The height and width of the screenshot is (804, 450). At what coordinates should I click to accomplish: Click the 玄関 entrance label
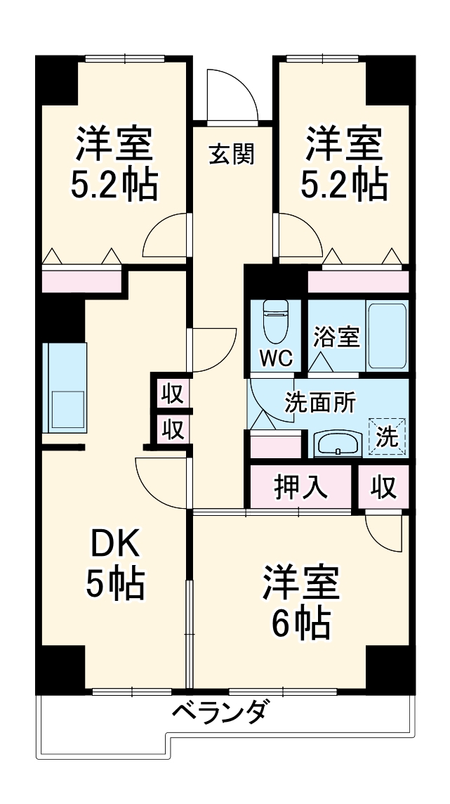point(231,153)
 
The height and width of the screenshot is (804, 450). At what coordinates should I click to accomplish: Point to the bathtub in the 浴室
point(387,336)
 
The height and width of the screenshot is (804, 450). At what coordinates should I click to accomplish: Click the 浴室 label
point(336,337)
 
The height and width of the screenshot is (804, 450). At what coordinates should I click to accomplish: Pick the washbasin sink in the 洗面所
point(338,443)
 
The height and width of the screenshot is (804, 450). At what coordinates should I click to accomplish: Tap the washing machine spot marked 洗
point(387,436)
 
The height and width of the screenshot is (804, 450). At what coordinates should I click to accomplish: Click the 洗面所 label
point(319,403)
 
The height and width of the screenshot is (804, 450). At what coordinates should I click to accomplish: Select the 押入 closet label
point(301,486)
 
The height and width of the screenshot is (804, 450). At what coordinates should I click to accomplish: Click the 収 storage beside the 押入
point(383,486)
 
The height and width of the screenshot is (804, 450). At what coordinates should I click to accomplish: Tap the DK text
point(115,544)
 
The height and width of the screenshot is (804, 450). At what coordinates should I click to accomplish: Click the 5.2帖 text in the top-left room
point(114,184)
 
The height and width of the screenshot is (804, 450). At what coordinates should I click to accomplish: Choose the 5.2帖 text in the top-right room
point(343,184)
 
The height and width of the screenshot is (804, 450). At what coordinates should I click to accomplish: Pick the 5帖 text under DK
point(115,583)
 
